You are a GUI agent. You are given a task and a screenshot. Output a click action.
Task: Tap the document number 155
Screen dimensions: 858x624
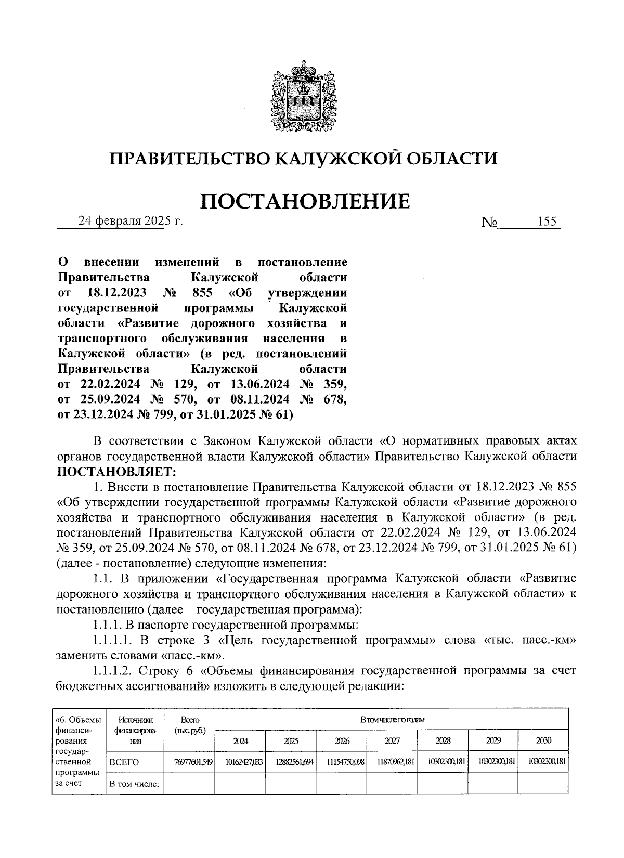click(547, 222)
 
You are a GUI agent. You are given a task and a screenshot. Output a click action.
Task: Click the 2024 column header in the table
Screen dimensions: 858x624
click(240, 740)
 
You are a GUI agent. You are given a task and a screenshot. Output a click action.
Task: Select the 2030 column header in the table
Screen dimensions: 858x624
click(543, 740)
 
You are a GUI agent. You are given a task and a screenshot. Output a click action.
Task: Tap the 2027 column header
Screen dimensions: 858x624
click(392, 740)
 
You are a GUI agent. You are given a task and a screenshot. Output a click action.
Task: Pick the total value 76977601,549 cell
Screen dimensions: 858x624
click(190, 762)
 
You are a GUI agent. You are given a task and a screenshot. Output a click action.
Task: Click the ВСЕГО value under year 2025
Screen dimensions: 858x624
click(291, 762)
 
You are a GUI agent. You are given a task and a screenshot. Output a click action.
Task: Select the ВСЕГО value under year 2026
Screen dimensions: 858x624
click(341, 762)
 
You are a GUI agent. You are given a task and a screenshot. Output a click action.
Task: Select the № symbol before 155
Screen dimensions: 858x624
click(490, 222)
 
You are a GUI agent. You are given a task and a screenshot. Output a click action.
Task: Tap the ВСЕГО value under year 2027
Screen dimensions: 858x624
click(392, 762)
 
